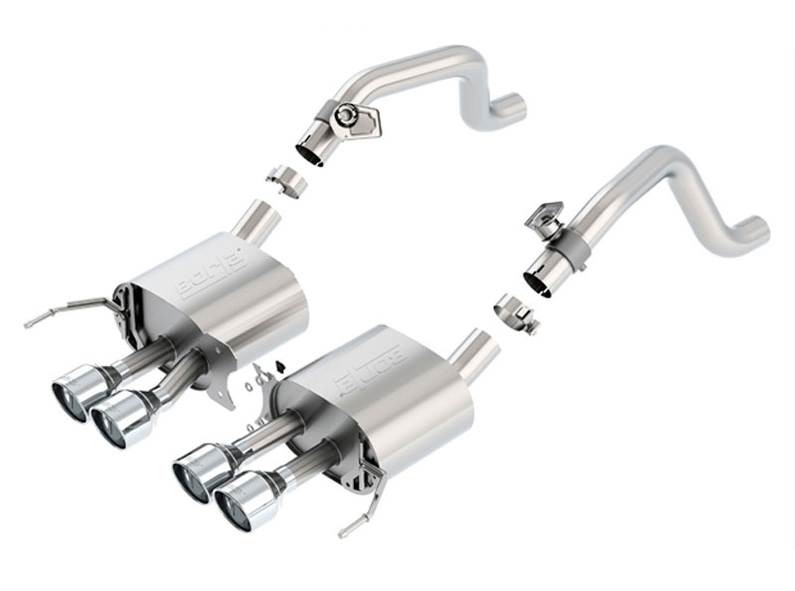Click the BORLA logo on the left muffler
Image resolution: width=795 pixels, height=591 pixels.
210,273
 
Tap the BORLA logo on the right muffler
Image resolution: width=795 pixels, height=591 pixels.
372,365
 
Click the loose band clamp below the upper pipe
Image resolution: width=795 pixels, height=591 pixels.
283,182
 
